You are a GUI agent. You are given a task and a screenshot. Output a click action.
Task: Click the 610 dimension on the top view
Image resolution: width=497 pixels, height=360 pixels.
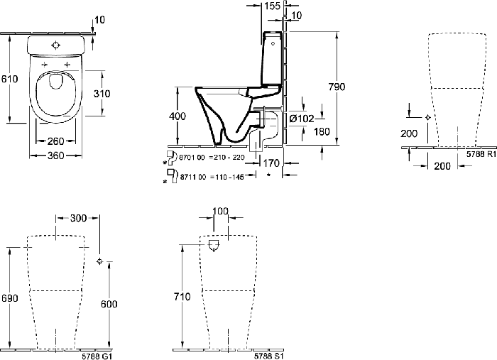[10, 79]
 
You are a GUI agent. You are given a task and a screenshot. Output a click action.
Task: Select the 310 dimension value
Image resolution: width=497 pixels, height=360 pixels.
[102, 94]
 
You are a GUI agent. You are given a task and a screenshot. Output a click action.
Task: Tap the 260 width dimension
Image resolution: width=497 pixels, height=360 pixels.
[56, 141]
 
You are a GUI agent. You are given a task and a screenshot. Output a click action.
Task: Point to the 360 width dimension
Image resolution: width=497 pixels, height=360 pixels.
[56, 156]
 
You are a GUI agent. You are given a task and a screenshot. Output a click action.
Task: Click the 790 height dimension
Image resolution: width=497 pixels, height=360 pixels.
[337, 87]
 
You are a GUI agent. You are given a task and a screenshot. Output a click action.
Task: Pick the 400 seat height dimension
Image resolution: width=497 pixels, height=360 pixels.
[177, 116]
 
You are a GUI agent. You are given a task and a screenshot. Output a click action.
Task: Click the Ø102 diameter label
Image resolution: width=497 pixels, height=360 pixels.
[302, 119]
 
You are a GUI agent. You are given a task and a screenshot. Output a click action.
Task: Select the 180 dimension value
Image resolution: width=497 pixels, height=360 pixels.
[322, 131]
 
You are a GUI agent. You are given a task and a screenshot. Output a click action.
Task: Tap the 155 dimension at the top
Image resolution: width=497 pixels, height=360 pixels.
[272, 6]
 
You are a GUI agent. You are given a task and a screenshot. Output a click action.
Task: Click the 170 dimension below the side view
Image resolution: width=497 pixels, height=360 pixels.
[272, 163]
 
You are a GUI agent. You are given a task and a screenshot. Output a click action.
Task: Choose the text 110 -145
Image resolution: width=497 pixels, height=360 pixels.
[229, 177]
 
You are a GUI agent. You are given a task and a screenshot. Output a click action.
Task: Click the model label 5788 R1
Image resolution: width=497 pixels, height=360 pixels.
[481, 154]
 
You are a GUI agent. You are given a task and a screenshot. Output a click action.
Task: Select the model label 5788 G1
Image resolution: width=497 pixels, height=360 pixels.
[97, 356]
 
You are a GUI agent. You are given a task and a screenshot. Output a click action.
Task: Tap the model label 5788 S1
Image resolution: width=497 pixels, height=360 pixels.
[269, 356]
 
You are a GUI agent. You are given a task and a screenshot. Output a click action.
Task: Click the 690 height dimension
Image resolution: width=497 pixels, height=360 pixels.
[10, 298]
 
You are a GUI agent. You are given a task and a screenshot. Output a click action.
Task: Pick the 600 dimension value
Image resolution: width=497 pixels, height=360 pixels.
[109, 304]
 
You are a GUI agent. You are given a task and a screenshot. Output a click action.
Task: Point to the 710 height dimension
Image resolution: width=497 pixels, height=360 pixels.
[182, 297]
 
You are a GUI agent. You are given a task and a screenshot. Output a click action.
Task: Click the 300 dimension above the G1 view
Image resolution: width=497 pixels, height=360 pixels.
[78, 218]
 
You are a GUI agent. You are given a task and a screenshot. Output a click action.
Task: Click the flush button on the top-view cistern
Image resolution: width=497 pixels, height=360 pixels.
[56, 45]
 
